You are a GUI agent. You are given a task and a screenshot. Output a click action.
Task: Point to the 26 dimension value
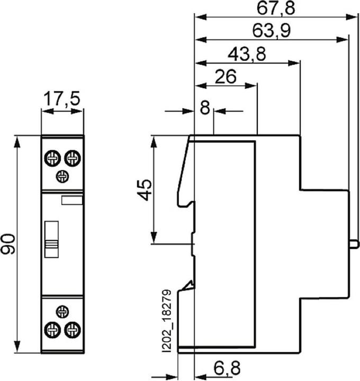click(x=226, y=77)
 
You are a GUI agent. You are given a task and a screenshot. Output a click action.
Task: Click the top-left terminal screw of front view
click(x=52, y=158)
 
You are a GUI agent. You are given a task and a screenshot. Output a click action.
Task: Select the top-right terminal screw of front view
click(x=72, y=158)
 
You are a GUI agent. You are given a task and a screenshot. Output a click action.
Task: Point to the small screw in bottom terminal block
click(x=62, y=312)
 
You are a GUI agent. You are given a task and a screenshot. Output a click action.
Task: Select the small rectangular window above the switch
click(x=72, y=201)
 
